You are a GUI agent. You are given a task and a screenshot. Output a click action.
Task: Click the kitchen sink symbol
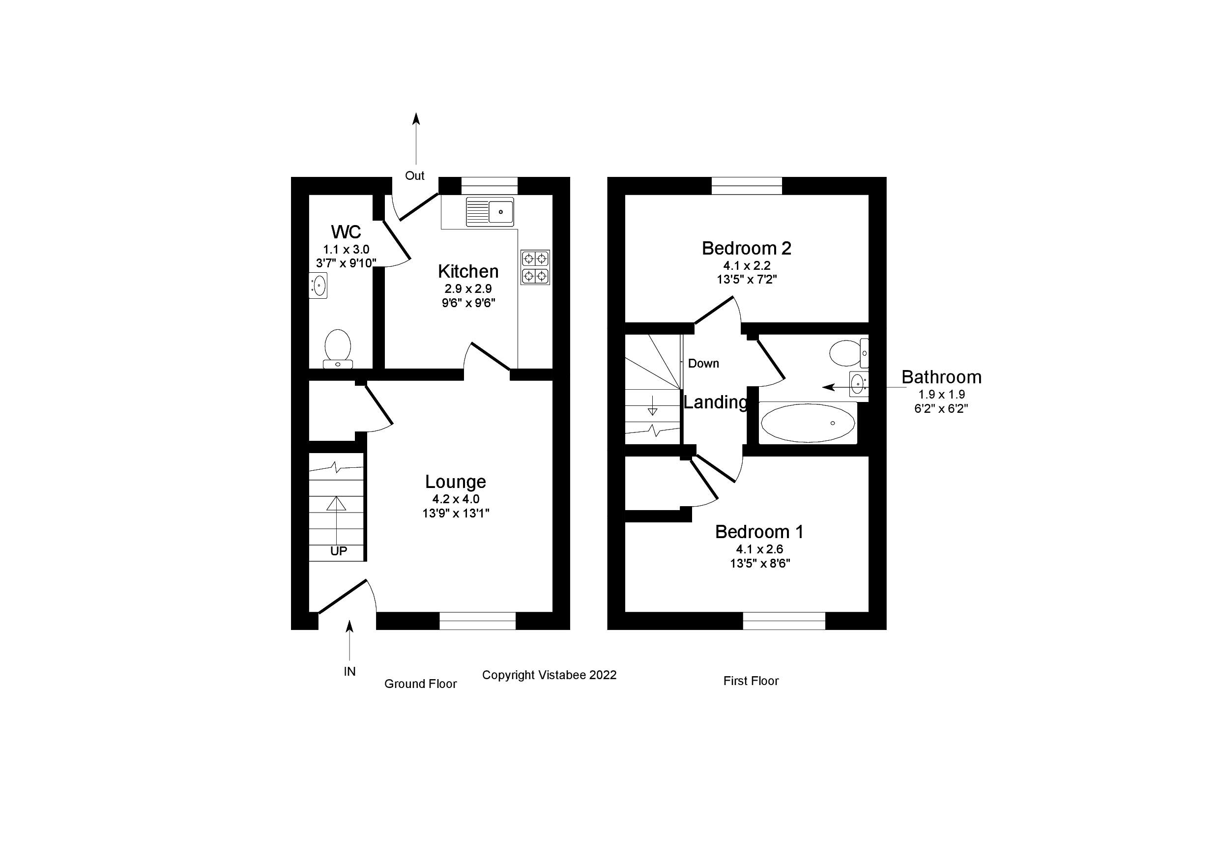coord(490,212)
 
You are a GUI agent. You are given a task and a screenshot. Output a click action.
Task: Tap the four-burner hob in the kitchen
coord(535,267)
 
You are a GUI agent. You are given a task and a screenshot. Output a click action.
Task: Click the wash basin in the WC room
coord(319,285)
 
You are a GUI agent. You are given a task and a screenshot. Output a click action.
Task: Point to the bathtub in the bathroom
coord(808,423)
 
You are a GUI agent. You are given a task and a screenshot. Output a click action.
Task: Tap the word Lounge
coord(455,482)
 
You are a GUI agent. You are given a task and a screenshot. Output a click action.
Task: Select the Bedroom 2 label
coord(746,248)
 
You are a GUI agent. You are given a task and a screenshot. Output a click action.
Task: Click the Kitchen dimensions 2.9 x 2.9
coord(468,289)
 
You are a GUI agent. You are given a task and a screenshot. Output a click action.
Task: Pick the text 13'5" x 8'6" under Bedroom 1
coord(760,563)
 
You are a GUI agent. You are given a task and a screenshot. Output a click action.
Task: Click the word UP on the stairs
coord(338,551)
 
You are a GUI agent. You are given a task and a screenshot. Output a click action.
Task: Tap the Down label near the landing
coord(703,364)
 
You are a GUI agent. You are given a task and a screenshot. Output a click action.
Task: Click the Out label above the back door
coord(414,176)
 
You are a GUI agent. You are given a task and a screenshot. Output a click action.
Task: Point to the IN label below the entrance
coord(349,672)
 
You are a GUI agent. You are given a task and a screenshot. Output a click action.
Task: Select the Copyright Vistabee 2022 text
coord(549,675)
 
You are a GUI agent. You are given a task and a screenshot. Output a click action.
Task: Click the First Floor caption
coord(750,681)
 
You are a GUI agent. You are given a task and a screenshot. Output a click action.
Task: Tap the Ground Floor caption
coord(420,684)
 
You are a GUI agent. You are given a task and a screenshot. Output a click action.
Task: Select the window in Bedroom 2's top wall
coord(747,186)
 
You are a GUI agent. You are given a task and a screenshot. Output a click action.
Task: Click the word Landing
coord(715,402)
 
